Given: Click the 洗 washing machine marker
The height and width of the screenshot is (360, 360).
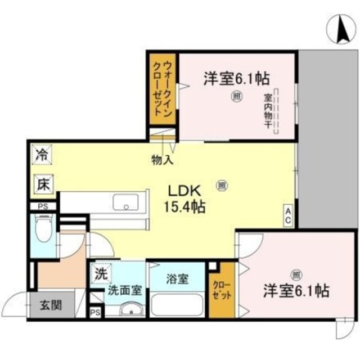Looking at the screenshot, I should pyautogui.click(x=100, y=275).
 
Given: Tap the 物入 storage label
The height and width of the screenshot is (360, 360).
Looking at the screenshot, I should pyautogui.click(x=162, y=160).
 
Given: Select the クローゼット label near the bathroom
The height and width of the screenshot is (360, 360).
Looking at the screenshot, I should pyautogui.click(x=220, y=291).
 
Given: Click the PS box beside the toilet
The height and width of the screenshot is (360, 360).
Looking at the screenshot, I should pyautogui.click(x=42, y=206).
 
